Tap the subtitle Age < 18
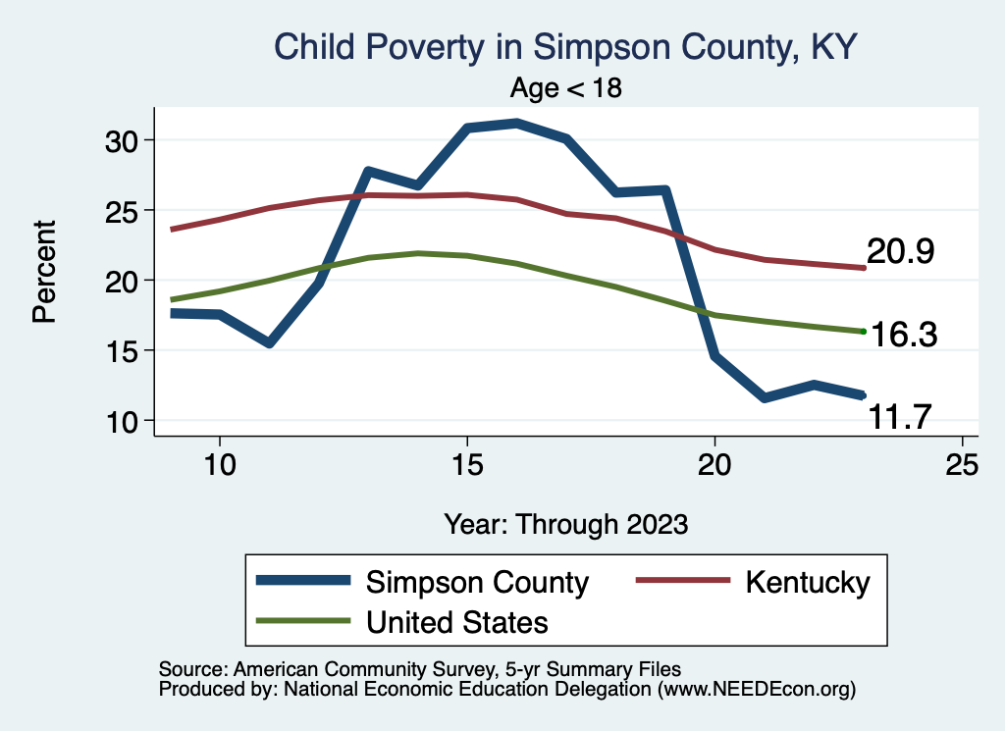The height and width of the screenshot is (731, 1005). click(x=566, y=88)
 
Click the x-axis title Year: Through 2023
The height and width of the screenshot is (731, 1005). click(x=565, y=523)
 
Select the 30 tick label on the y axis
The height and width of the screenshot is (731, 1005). click(x=124, y=140)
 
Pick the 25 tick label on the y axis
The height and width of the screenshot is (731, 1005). click(x=124, y=210)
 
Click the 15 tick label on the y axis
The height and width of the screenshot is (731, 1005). click(x=124, y=350)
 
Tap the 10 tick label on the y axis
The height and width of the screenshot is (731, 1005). click(x=124, y=421)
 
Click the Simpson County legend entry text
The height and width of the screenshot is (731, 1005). click(x=477, y=582)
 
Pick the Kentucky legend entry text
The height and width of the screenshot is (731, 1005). click(x=807, y=582)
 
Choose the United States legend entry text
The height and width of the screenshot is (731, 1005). click(x=457, y=621)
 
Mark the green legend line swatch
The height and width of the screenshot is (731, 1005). click(x=302, y=621)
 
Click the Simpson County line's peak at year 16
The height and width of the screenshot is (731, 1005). click(x=516, y=123)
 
